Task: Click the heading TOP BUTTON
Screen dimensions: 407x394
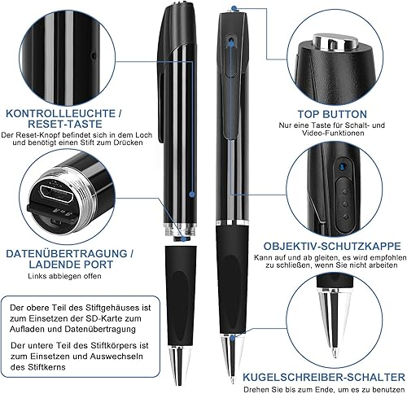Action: (332, 114)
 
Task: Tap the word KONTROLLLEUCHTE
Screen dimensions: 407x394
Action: (61, 113)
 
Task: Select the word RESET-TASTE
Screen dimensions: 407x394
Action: (65, 124)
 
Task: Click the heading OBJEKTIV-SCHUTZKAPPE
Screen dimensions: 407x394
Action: (332, 246)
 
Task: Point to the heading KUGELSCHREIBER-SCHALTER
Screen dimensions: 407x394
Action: (324, 377)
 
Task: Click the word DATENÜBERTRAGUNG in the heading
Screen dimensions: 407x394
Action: (67, 254)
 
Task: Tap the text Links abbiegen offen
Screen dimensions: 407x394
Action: (64, 276)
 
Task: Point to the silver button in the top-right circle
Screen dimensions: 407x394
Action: (335, 42)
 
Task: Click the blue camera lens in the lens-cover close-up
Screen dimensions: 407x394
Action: (342, 165)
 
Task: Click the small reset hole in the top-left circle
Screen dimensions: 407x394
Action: (94, 56)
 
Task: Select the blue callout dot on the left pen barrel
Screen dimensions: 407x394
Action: (192, 194)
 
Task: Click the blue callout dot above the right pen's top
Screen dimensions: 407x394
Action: (234, 8)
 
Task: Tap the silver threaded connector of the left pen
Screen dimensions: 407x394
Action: (180, 230)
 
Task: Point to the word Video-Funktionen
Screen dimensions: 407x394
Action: (333, 134)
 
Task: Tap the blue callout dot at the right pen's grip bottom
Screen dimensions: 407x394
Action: (232, 338)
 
